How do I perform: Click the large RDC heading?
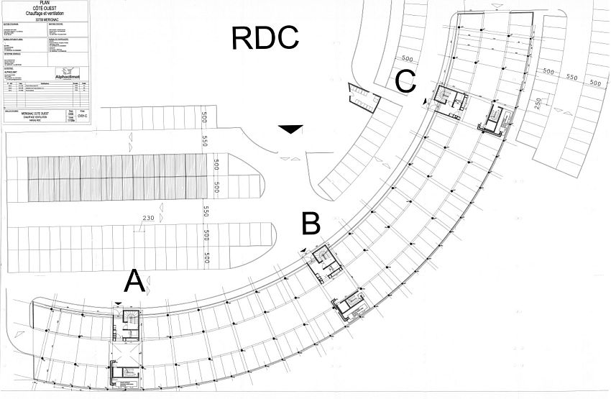265,37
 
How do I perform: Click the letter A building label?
134,282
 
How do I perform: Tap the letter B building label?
311,224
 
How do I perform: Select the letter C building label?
405,81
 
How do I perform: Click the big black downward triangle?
291,129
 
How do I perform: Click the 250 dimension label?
538,103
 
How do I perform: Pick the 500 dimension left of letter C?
408,59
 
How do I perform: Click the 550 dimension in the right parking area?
572,77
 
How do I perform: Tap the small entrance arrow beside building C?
427,101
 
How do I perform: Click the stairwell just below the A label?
130,319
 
